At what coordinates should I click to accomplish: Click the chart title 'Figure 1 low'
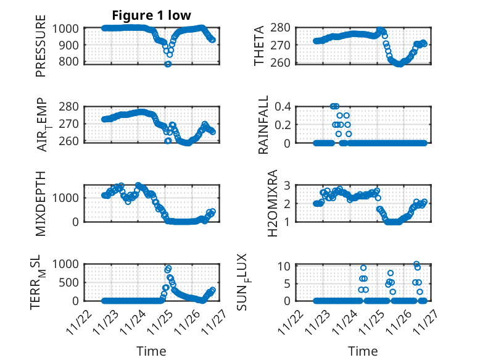click(x=151, y=15)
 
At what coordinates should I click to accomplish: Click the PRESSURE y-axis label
click(x=41, y=49)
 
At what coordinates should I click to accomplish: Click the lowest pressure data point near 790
click(x=167, y=64)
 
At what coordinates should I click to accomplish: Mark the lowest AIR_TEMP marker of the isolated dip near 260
click(x=168, y=141)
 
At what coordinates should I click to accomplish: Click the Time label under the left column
click(x=151, y=351)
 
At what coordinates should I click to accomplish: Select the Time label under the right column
click(x=363, y=351)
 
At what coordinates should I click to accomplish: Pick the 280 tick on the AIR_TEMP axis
click(x=68, y=107)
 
